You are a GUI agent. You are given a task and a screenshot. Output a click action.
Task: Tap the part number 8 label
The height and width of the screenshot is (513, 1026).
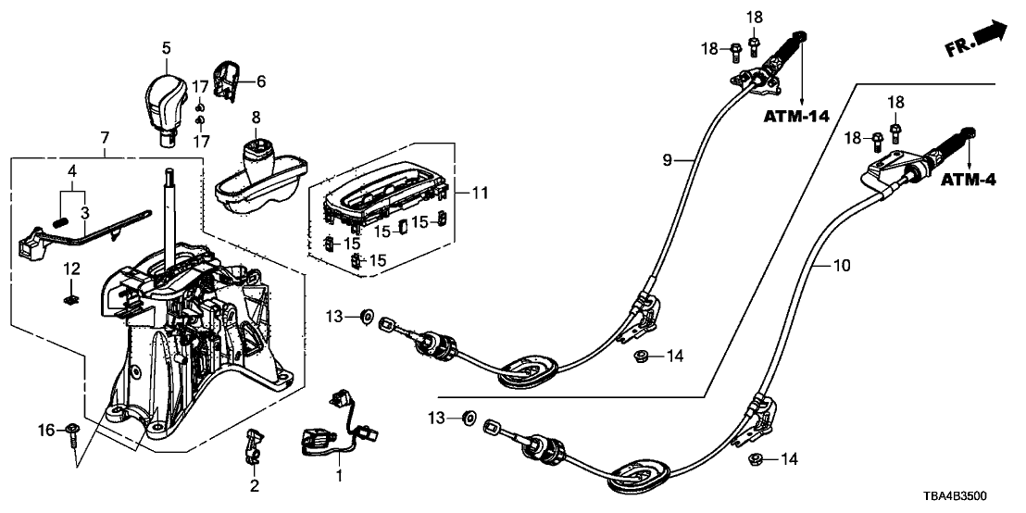[x=256, y=118]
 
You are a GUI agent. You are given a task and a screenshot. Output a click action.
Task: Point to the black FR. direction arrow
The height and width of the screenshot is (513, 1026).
[x=990, y=34]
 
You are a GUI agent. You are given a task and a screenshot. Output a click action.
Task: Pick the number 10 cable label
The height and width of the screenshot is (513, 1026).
[x=841, y=267]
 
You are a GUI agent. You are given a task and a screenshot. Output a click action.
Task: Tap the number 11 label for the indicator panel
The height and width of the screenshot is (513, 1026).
[x=479, y=194]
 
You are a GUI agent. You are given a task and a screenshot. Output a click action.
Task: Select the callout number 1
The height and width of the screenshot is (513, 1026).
[x=339, y=476]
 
